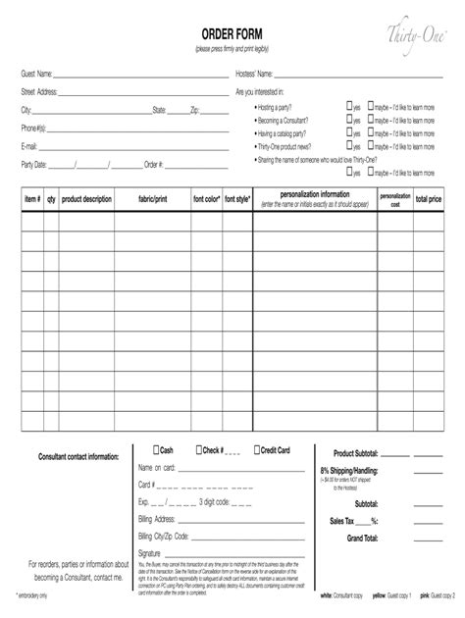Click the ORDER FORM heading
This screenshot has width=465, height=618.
(x=232, y=35)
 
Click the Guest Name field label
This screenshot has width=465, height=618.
(x=38, y=75)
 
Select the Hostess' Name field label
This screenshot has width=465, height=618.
(x=257, y=75)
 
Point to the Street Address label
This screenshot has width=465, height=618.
(x=40, y=92)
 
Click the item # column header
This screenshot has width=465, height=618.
(x=32, y=199)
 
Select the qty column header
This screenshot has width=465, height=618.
(x=51, y=199)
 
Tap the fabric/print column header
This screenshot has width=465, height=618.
(x=153, y=199)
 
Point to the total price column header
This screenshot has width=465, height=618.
(x=428, y=199)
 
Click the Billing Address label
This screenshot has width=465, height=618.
(x=157, y=519)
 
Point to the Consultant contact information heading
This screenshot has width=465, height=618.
(x=78, y=457)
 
